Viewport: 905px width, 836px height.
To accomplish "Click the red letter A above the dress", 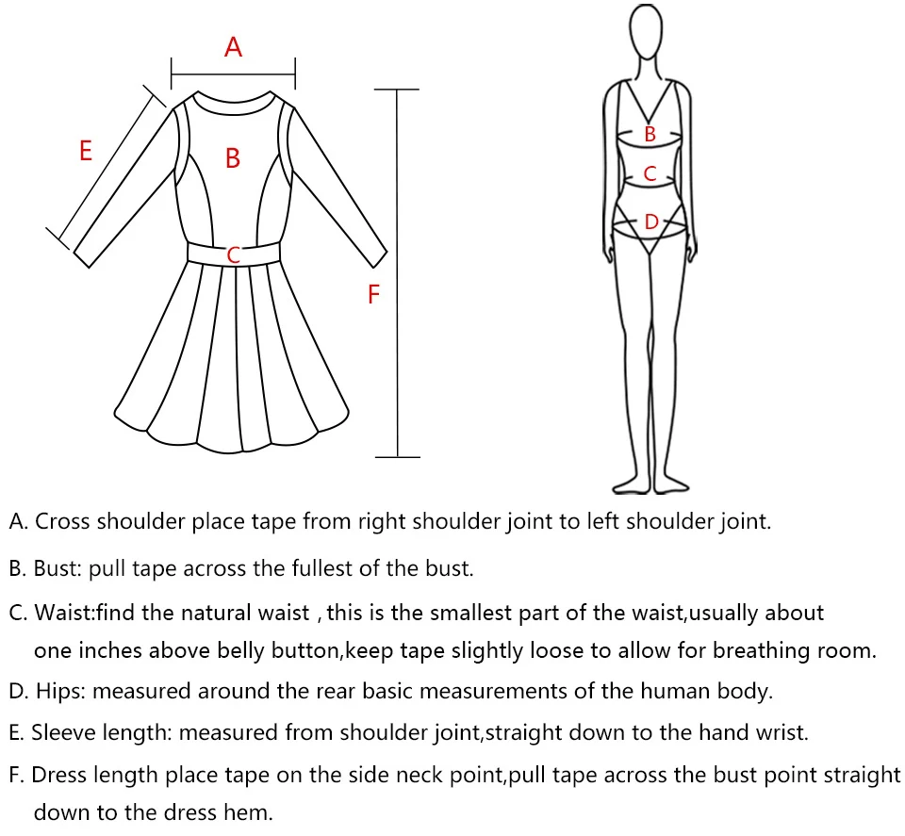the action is point(233,46).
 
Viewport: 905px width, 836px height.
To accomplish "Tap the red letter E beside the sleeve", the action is point(86,150).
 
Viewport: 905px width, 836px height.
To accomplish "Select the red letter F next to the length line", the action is point(373,295).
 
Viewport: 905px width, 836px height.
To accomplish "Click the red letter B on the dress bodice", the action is point(233,158).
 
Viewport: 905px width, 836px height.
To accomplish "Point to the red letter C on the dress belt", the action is point(234,254).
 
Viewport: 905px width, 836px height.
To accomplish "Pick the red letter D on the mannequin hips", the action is point(650,222).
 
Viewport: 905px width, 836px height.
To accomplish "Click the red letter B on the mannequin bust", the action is point(650,135).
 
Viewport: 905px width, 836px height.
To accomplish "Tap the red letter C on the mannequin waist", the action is point(650,173).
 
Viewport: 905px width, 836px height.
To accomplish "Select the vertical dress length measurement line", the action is point(397,273).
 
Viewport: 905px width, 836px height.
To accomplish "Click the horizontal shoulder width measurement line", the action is point(233,71).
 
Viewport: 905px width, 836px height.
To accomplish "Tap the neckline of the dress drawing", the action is point(234,102).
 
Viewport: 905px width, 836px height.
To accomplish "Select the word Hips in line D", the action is point(59,691).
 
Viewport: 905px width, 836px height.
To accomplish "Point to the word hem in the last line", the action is point(254,811).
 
